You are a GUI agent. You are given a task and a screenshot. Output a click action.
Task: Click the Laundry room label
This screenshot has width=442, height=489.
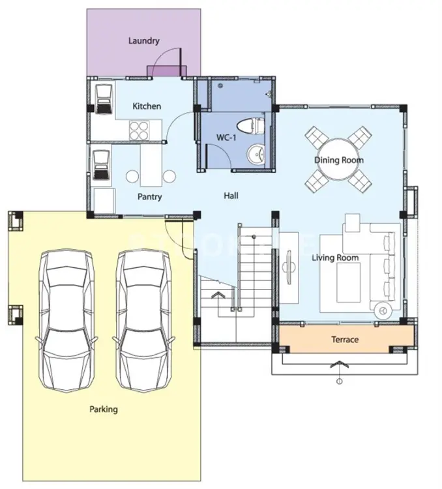pos(144,41)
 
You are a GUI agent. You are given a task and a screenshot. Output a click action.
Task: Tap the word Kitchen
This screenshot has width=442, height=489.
pos(147,106)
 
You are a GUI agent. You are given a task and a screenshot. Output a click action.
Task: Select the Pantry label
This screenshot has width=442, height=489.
pos(150,197)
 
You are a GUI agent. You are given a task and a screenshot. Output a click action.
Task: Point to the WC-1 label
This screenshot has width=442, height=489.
pos(226,137)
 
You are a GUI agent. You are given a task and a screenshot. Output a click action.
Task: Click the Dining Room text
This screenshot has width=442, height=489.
pos(339,160)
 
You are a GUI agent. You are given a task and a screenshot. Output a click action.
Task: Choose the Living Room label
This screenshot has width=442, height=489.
pos(335,258)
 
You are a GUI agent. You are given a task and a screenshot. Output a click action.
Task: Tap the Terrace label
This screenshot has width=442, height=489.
pos(345,339)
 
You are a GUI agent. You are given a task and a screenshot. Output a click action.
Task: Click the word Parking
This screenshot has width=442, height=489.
pos(104,409)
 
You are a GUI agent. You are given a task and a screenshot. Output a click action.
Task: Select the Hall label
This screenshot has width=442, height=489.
pos(231,196)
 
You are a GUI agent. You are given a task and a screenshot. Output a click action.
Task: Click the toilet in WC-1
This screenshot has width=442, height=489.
pos(250,126)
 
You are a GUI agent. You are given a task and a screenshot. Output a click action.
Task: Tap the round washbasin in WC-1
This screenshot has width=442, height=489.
pos(256,154)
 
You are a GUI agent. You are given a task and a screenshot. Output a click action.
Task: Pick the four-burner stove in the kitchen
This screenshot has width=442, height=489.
pos(139,130)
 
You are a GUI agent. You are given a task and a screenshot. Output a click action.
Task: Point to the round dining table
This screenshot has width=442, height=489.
pos(338,160)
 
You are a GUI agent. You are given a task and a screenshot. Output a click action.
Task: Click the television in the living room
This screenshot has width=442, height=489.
pos(289,267)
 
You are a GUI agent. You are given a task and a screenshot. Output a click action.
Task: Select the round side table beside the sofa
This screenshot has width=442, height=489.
pos(383,310)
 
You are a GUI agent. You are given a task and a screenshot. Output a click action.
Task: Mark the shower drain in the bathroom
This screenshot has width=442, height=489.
pos(220,85)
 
